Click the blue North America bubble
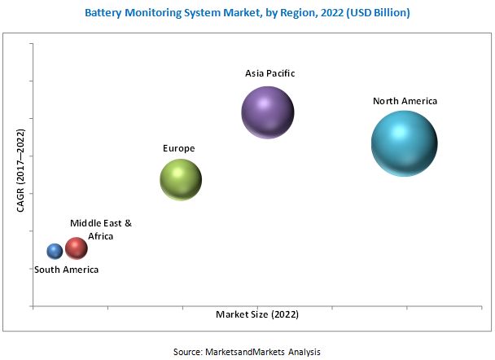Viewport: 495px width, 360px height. point(405,143)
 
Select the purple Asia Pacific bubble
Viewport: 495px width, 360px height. point(268,112)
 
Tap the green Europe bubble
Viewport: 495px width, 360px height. point(180,179)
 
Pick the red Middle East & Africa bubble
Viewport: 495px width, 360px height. point(77,248)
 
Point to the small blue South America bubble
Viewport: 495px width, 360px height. point(55,252)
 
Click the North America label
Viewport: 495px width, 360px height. point(405,101)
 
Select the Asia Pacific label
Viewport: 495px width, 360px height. point(269,73)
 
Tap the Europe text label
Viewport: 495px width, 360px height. point(179,148)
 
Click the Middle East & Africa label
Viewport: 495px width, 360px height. point(100,229)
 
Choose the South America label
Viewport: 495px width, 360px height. point(67,270)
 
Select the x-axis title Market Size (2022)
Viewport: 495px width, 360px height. point(257,314)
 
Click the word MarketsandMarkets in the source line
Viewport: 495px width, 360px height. point(244,351)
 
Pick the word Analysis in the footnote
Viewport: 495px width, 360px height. point(301,351)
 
